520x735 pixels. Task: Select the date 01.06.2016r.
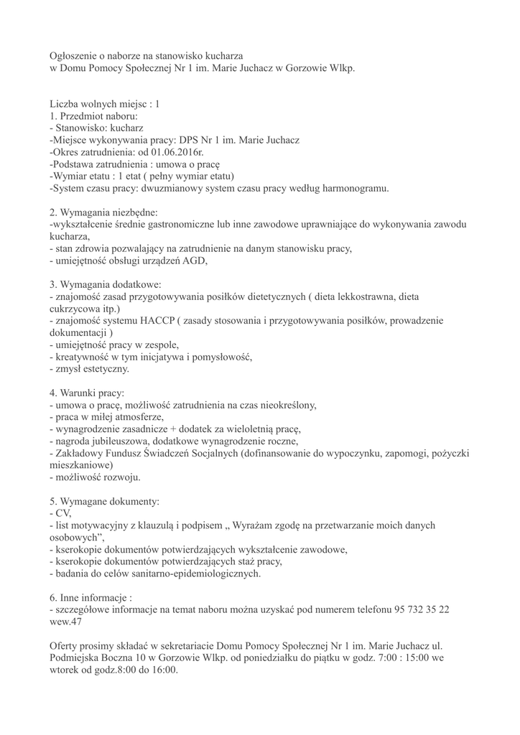click(175, 152)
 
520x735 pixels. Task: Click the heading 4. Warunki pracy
click(87, 393)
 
